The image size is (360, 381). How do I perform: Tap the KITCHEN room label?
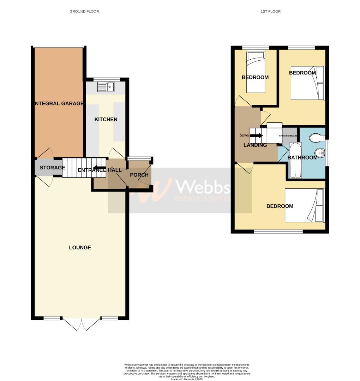(106, 120)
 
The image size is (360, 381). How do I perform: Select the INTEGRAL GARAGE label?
(59, 103)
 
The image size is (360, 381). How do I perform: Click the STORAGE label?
(52, 168)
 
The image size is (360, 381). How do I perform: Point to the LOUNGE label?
(80, 248)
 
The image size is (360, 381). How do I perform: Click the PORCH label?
(139, 175)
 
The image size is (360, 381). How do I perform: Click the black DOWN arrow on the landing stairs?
(256, 135)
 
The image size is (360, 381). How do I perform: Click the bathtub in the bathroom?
(294, 161)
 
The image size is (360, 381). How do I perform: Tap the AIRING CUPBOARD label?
(288, 135)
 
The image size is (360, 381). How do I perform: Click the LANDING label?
(255, 145)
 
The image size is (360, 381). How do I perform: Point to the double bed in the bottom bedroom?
(304, 206)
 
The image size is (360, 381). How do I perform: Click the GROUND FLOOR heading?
(84, 12)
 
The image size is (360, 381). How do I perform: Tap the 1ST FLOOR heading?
(271, 12)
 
